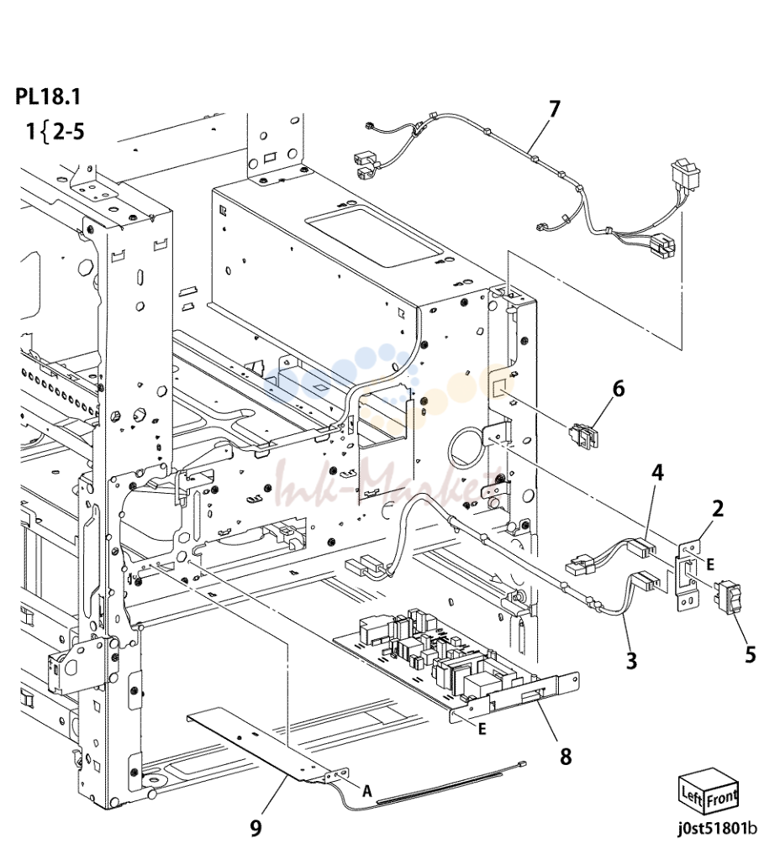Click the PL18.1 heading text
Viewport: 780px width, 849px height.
48,97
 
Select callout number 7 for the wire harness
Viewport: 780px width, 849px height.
553,109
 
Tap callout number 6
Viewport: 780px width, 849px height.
618,389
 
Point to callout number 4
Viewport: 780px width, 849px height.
657,473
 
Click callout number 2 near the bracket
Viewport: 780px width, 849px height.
717,508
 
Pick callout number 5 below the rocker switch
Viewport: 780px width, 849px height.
750,654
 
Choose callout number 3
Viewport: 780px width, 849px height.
631,661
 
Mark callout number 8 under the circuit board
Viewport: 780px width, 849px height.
566,757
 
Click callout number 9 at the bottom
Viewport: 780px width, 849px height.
256,827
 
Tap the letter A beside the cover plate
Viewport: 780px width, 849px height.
367,791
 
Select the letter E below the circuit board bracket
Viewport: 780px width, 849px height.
482,730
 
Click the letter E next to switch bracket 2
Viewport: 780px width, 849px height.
710,564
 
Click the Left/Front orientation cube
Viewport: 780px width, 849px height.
709,794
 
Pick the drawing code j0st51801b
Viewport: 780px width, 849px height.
717,828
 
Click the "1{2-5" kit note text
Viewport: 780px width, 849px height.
55,132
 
